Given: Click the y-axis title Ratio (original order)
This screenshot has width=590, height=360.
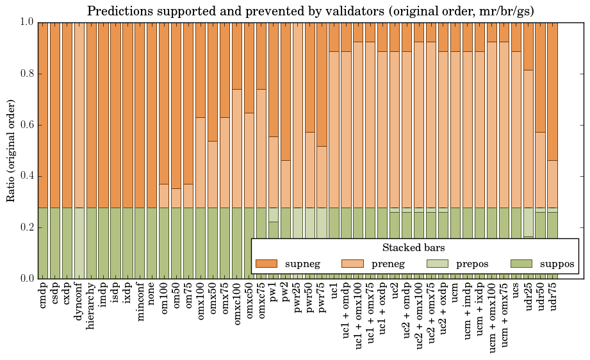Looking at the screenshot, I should [11, 151].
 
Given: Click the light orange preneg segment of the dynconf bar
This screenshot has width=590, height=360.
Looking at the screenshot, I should [79, 115].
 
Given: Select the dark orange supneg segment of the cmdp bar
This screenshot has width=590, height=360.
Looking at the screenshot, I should [43, 115].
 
